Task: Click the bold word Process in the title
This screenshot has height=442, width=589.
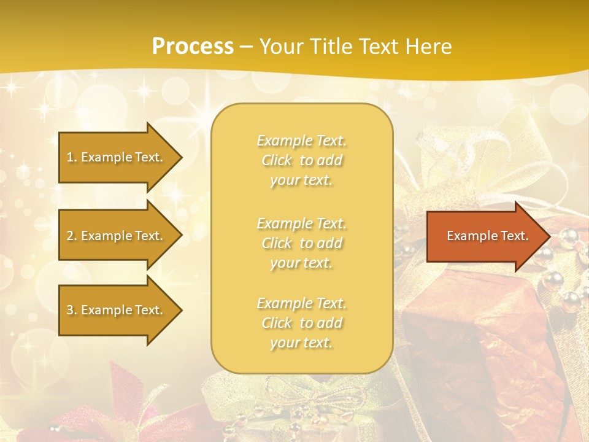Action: click(x=193, y=46)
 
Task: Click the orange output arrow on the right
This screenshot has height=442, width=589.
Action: click(x=485, y=236)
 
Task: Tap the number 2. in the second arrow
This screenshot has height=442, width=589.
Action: click(x=71, y=236)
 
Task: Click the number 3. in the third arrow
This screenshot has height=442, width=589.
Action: click(x=71, y=310)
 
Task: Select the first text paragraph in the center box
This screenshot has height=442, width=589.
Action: click(x=301, y=160)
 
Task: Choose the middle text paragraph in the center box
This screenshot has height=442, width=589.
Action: click(x=301, y=243)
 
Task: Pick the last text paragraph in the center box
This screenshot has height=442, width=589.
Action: click(x=301, y=323)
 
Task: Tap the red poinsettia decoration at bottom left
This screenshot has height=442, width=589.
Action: click(x=123, y=405)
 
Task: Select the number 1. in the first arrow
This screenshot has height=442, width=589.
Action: click(x=71, y=157)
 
